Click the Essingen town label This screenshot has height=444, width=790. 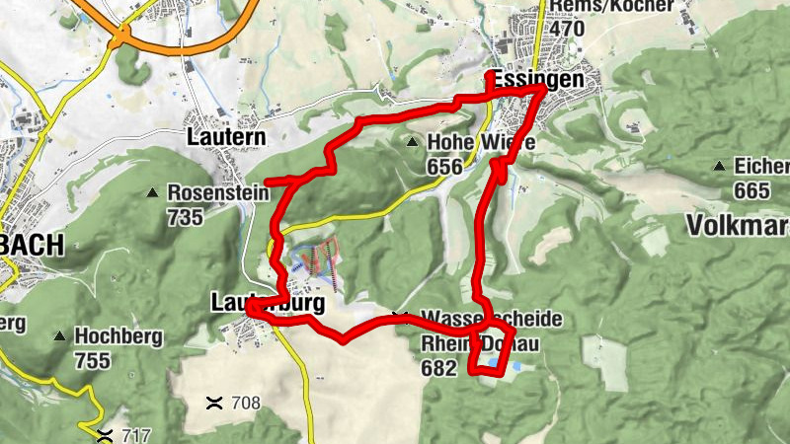tap(536, 80)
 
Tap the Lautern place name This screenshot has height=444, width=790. tap(226, 137)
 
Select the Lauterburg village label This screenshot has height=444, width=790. tap(268, 305)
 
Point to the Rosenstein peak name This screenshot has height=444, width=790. tap(218, 193)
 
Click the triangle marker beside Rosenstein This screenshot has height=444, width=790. tap(154, 192)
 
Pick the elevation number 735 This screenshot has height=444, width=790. tap(186, 218)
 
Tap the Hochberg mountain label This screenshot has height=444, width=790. tap(118, 336)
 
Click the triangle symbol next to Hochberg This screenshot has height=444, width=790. tap(60, 336)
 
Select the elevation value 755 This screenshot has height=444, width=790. tap(92, 361)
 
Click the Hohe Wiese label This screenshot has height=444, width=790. tap(481, 143)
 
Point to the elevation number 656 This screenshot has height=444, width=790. tap(444, 167)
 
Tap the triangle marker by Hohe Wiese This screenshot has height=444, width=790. tap(413, 142)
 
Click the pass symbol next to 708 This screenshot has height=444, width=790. tap(213, 402)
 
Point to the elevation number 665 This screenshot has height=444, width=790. tap(752, 189)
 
